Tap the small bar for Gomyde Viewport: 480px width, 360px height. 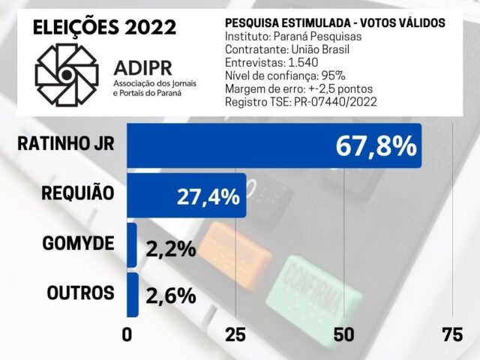[x=132, y=245]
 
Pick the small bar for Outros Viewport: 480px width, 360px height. [x=133, y=295]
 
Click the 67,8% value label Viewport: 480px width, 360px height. [x=376, y=145]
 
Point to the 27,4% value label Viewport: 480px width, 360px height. [x=208, y=197]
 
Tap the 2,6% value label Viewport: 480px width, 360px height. [x=171, y=295]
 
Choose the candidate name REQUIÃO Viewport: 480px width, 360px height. [x=78, y=193]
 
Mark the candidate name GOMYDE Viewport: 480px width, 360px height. [x=79, y=244]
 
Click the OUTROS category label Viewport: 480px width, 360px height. [x=81, y=293]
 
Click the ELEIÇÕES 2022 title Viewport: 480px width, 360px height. [x=105, y=28]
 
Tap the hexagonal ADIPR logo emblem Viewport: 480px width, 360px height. [x=67, y=74]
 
